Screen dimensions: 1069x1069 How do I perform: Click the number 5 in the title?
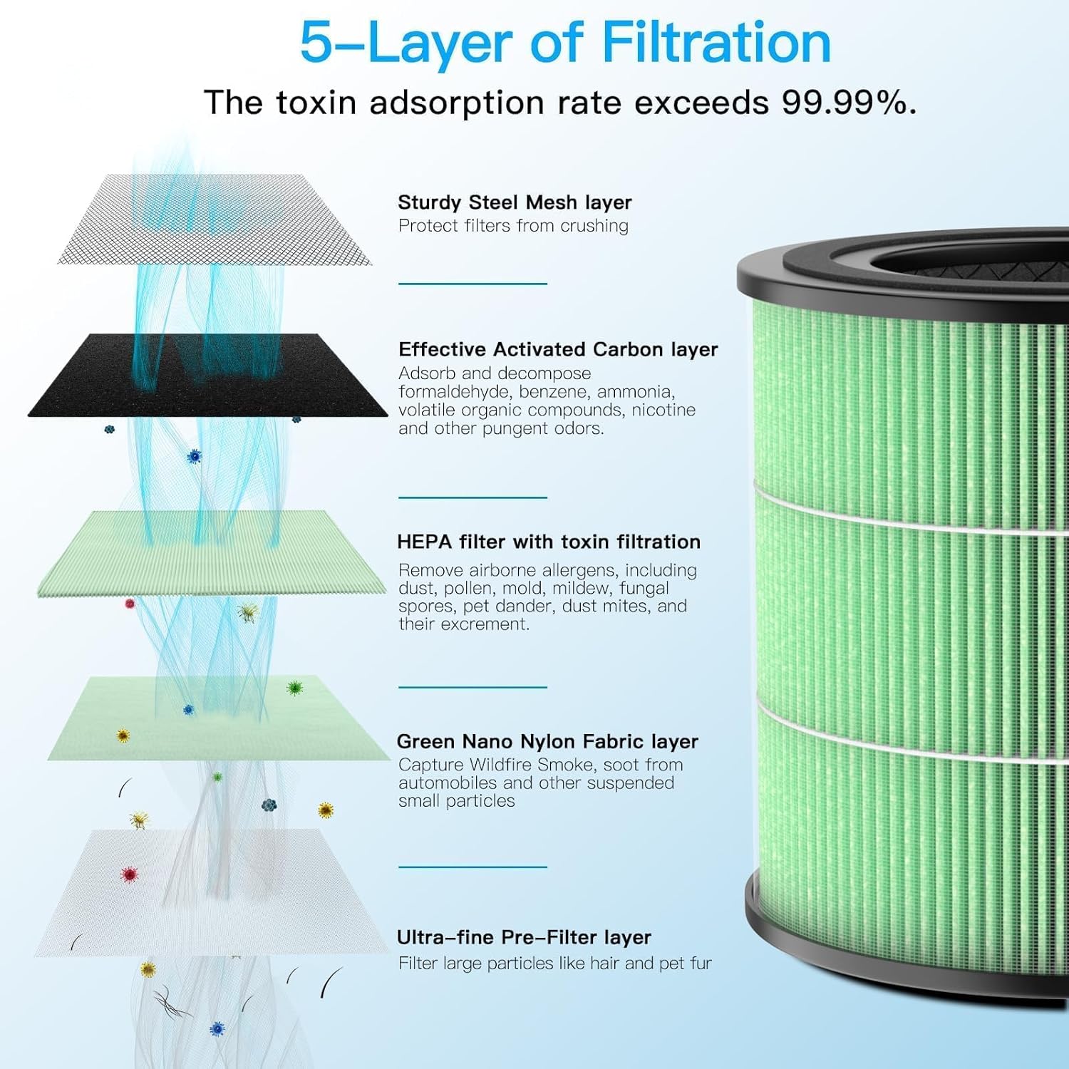pyautogui.click(x=316, y=43)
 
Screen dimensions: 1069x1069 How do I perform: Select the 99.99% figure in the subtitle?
pyautogui.click(x=848, y=103)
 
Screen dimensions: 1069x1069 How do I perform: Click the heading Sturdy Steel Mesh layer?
pyautogui.click(x=515, y=202)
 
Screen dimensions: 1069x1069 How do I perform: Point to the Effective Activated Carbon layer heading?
pyautogui.click(x=558, y=349)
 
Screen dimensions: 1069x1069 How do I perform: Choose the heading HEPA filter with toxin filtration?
pyautogui.click(x=549, y=542)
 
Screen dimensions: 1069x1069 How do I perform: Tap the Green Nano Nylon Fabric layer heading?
pyautogui.click(x=547, y=741)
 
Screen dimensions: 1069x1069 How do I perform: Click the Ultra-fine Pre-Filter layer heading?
pyautogui.click(x=524, y=937)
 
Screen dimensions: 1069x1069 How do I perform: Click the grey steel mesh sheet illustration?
pyautogui.click(x=214, y=221)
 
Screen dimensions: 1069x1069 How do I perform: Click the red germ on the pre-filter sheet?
pyautogui.click(x=129, y=874)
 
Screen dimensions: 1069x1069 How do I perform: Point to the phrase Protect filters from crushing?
pyautogui.click(x=513, y=226)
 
